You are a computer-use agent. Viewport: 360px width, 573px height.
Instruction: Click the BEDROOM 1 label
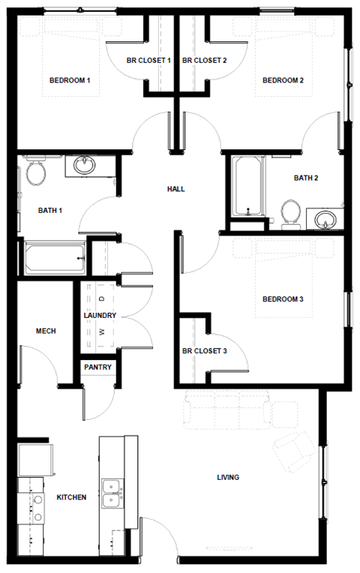click(70, 81)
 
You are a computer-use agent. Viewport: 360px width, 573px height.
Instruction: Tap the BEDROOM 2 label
click(282, 81)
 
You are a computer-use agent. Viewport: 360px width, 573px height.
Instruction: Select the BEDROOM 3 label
click(282, 300)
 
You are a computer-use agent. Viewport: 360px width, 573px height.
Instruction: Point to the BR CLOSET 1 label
click(149, 60)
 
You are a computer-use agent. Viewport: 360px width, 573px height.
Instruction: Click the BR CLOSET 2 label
click(204, 60)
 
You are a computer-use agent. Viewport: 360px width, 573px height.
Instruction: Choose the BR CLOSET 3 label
click(205, 350)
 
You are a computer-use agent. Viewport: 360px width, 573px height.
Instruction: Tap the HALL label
click(175, 189)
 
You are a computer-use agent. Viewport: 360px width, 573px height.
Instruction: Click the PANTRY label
click(98, 367)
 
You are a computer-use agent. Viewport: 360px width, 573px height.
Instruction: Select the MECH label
click(46, 331)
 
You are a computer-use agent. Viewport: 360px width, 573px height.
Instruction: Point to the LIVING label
click(228, 477)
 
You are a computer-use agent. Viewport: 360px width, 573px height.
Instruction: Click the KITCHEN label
click(71, 497)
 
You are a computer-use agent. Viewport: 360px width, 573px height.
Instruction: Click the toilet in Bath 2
click(290, 214)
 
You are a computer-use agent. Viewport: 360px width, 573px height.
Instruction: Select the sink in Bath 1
click(83, 165)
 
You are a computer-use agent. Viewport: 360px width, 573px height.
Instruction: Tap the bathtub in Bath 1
click(52, 259)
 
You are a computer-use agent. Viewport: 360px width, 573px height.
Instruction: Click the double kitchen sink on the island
click(112, 492)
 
